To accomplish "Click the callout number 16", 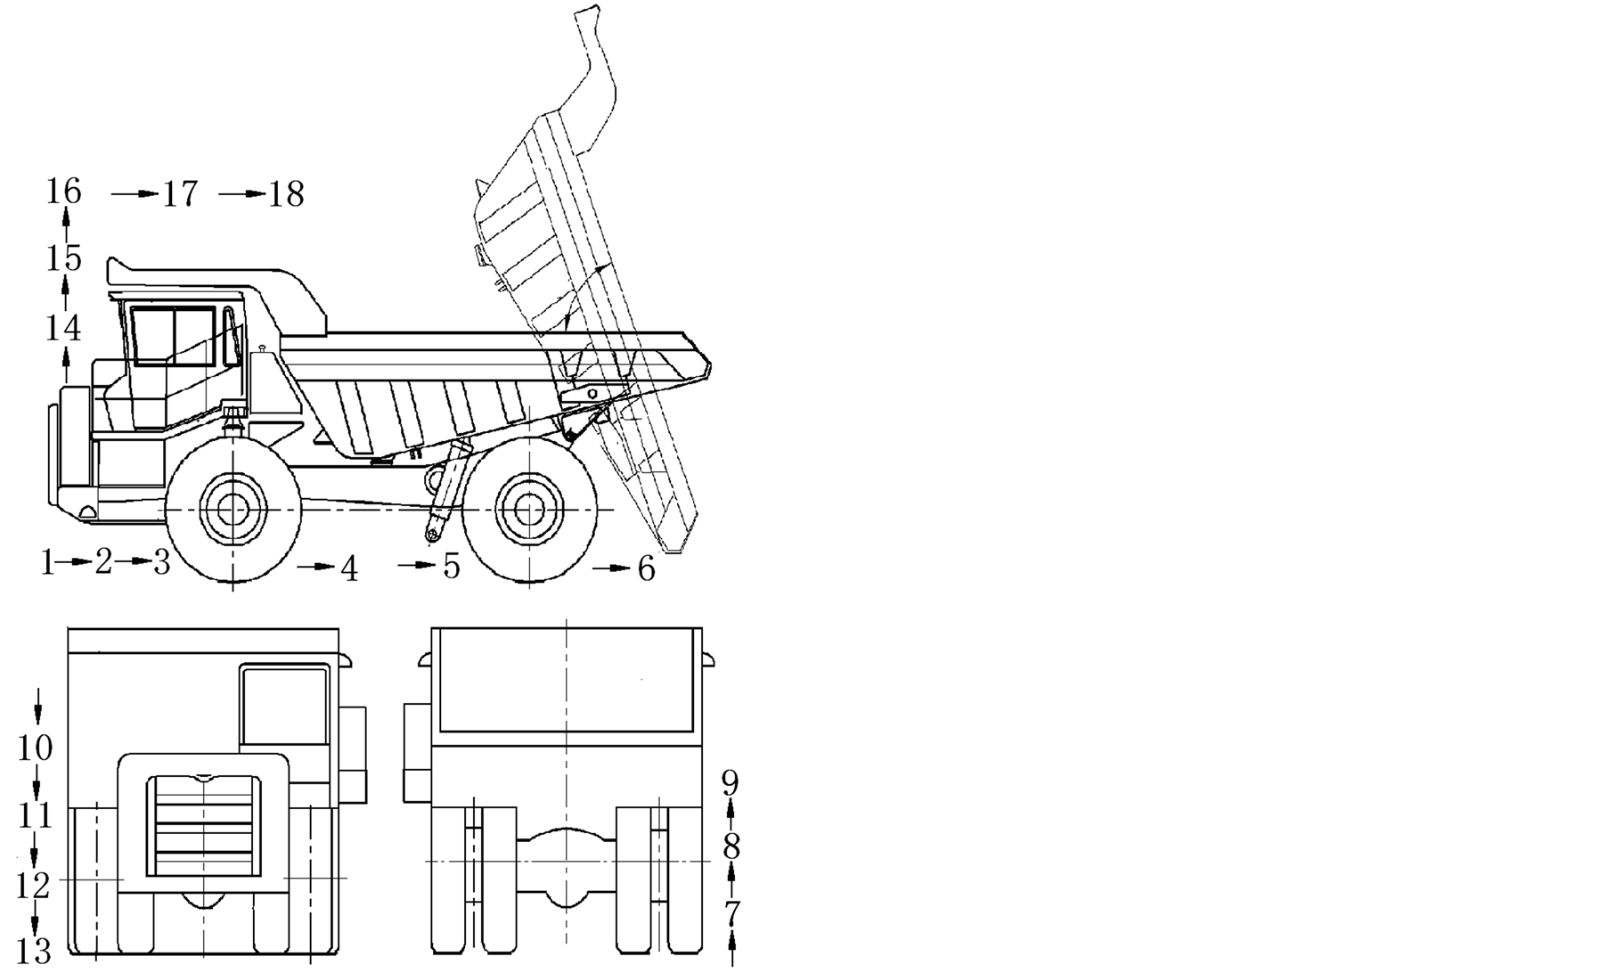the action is tap(64, 192).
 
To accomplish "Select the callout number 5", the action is tap(452, 566).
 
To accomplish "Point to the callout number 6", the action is tap(646, 568).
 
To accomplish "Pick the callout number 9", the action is tap(731, 784).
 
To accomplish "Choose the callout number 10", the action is tap(36, 748).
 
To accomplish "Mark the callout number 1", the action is tap(45, 562).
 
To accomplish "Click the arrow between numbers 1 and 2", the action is tap(79, 562).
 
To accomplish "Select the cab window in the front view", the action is tap(284, 706).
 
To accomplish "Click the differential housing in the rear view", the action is tap(566, 862).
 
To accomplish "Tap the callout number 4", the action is tap(350, 568).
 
